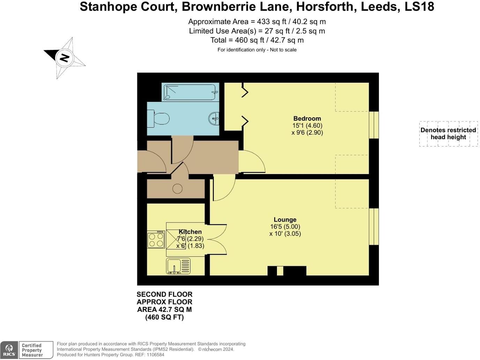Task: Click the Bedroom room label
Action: [x=307, y=118]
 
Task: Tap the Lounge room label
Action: [x=285, y=219]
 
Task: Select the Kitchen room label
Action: [x=190, y=232]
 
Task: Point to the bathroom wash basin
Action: [x=213, y=119]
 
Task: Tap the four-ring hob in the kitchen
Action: [x=156, y=240]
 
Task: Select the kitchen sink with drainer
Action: [x=178, y=266]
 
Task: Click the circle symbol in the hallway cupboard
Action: [x=177, y=189]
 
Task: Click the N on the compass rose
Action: [x=64, y=58]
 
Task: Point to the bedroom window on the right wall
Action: [x=374, y=125]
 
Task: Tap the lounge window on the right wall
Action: [x=374, y=226]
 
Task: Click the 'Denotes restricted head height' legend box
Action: [x=448, y=134]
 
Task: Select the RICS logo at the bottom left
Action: [x=9, y=350]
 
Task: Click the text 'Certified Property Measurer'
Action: [x=32, y=350]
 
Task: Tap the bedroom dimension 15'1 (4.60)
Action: [x=307, y=126]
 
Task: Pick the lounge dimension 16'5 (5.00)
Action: [x=285, y=227]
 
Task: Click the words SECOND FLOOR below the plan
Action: [x=164, y=294]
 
